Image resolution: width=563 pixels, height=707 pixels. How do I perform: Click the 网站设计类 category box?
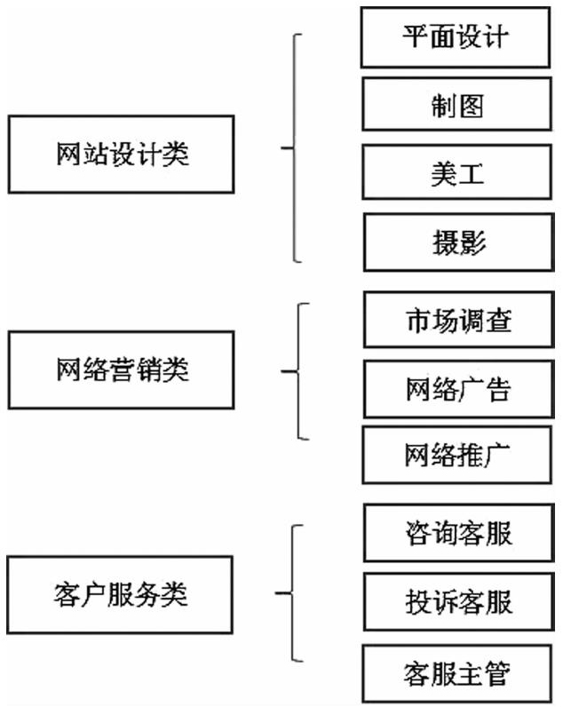point(122,155)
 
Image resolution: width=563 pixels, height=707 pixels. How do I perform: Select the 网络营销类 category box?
point(122,369)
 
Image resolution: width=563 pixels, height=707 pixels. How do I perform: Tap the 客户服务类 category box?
point(120,594)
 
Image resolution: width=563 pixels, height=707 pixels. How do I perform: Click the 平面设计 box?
point(456,37)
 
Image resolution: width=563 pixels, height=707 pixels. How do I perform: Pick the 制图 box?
point(457,104)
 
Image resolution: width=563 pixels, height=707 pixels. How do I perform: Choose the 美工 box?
point(457,171)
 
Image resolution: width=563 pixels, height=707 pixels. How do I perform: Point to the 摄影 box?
point(459,242)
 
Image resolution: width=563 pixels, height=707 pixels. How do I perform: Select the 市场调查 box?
point(459,320)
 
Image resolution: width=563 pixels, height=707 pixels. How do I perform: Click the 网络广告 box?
point(459,389)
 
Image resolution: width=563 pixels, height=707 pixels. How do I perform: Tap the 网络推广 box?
point(457,455)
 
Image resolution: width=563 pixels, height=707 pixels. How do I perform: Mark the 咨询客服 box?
point(459,533)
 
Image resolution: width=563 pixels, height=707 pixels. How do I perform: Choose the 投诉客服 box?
point(459,601)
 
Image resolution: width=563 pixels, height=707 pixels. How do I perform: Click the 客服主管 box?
point(457,673)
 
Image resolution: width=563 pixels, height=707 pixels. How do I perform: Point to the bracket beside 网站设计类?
point(294,148)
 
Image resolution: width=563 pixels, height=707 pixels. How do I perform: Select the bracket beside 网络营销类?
point(298,371)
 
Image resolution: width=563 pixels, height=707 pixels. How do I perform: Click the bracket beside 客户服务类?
point(292,593)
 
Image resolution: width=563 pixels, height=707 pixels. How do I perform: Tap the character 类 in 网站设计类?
point(176,155)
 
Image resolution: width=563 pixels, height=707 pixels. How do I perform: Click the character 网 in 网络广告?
point(419,389)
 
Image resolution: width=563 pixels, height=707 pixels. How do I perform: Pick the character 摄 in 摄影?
point(446,242)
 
